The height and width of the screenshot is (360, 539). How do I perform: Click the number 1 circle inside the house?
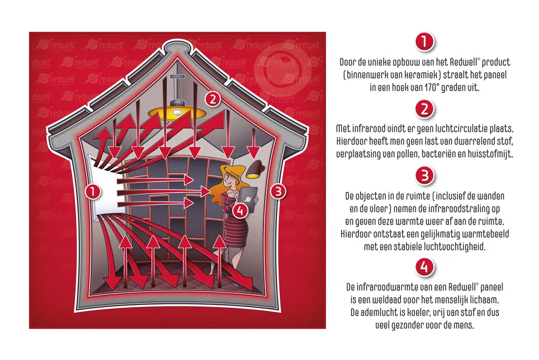(x=93, y=191)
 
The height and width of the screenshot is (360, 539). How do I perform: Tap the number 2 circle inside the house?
(x=213, y=99)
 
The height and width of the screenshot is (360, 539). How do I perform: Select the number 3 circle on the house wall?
(x=278, y=191)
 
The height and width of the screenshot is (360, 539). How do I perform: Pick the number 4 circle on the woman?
(x=240, y=210)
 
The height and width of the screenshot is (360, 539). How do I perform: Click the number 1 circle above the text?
(x=424, y=42)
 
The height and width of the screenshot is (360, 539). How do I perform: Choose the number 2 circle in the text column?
(x=424, y=110)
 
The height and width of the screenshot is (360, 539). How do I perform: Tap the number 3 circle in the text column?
(x=424, y=176)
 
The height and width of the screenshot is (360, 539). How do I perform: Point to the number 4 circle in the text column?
(x=424, y=267)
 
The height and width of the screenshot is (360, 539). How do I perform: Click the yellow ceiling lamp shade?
(x=175, y=112)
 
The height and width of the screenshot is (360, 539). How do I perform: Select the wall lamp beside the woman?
(x=255, y=170)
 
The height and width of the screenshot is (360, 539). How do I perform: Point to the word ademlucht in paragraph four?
(x=379, y=313)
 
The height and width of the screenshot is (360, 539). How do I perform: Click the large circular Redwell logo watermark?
(x=283, y=70)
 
